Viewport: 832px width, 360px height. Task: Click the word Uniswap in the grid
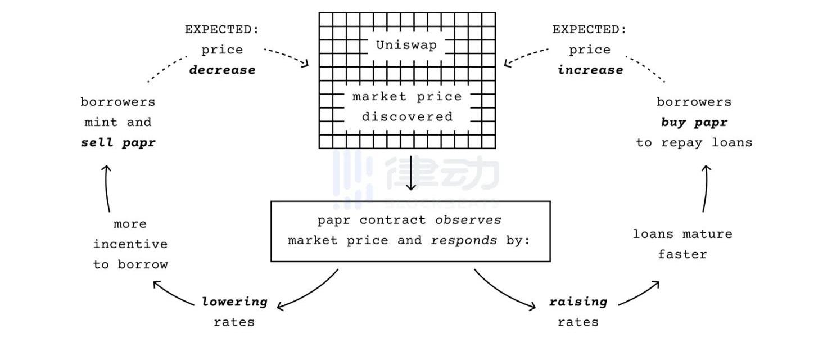pos(406,46)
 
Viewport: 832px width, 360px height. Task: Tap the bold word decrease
pos(222,70)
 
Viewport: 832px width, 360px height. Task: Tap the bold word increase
pos(590,70)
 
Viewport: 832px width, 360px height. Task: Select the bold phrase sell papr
pos(118,142)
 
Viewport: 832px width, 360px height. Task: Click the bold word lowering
pos(234,301)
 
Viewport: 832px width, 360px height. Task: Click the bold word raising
pos(578,301)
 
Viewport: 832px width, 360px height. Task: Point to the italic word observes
pos(468,220)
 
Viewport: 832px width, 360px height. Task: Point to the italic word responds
pos(464,240)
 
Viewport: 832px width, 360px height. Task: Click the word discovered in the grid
pos(407,117)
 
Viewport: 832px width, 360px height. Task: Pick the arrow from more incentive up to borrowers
pos(107,188)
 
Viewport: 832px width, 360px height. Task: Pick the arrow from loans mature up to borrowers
pos(706,188)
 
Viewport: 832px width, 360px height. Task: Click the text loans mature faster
pos(682,244)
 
